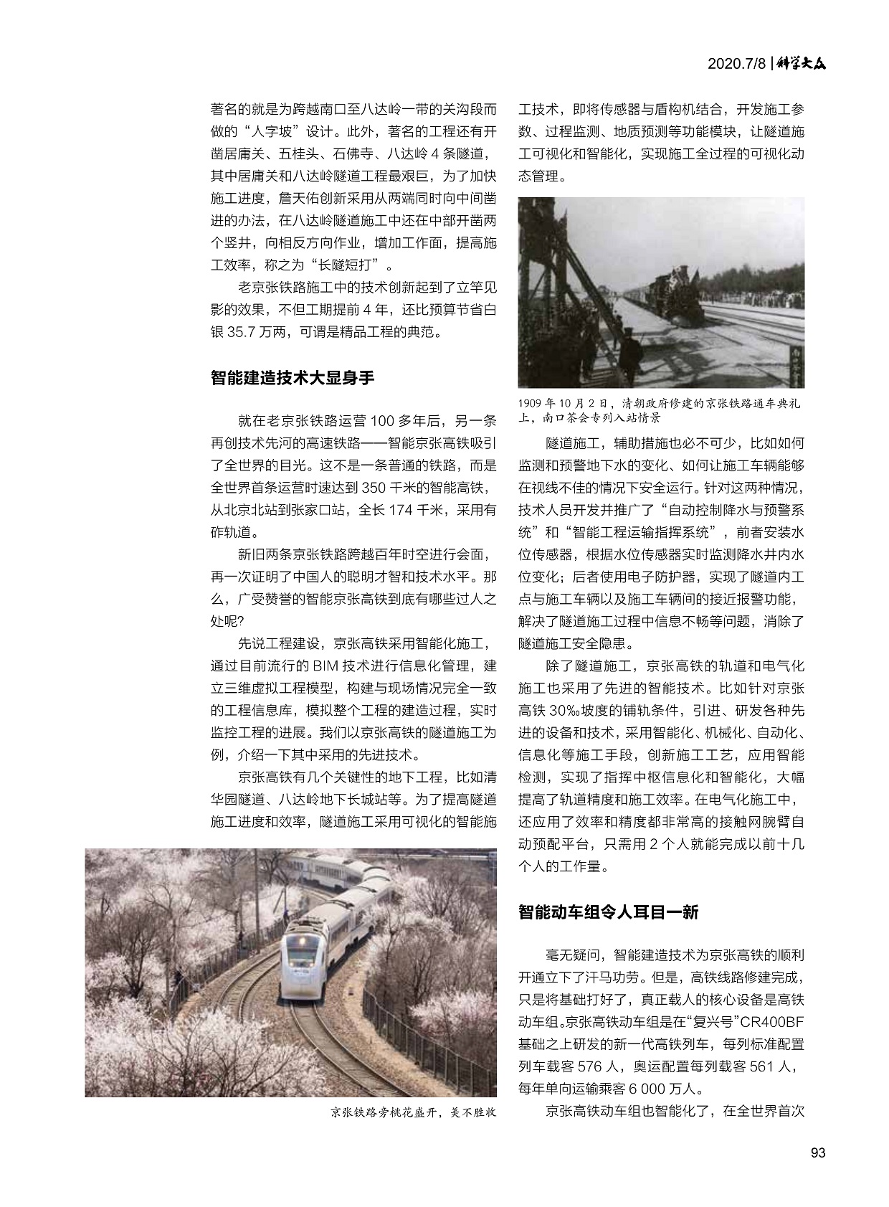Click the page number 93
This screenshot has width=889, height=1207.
pyautogui.click(x=817, y=1152)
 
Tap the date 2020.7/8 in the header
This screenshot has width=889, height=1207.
pyautogui.click(x=737, y=64)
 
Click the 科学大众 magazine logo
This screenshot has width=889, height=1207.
pyautogui.click(x=802, y=63)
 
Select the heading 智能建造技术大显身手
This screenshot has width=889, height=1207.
pyautogui.click(x=293, y=377)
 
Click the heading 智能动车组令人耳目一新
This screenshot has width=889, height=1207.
pyautogui.click(x=608, y=912)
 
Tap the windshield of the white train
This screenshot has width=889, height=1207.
pyautogui.click(x=302, y=955)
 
